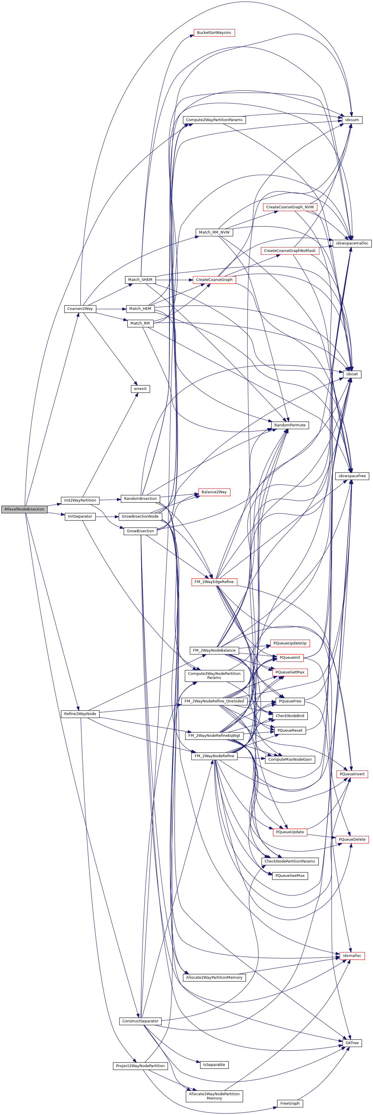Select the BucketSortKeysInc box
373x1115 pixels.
[214, 32]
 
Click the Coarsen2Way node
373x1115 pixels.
[80, 309]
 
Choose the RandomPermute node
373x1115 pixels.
[290, 425]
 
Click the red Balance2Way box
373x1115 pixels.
[214, 492]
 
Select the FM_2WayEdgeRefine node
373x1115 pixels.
[214, 582]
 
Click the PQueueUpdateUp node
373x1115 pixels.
[290, 643]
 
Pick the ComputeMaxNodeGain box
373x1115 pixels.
[290, 759]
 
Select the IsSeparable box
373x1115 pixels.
[214, 1065]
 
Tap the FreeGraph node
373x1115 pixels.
[290, 1103]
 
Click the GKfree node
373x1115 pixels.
[351, 1043]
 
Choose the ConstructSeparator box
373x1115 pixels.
[140, 1021]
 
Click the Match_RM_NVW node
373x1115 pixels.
[214, 232]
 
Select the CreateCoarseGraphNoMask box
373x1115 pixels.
[290, 250]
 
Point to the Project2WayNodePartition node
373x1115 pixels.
[140, 1066]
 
